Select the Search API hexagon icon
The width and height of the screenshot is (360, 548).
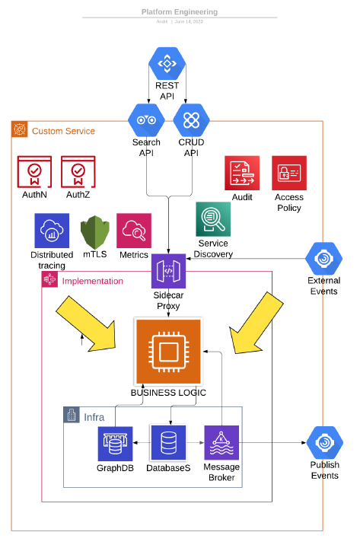(x=145, y=120)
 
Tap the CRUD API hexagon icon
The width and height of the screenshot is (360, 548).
(x=190, y=120)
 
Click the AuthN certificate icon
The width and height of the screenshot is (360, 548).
(x=34, y=172)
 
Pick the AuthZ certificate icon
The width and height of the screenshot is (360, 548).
(x=78, y=172)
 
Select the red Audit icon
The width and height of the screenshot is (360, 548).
(x=242, y=173)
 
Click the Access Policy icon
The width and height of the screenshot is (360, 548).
(x=289, y=173)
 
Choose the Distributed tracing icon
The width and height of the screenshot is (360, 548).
(x=52, y=231)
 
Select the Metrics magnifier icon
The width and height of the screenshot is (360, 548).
(x=133, y=231)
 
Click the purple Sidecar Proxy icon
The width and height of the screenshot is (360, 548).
(x=168, y=272)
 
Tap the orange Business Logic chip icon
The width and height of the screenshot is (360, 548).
(x=168, y=352)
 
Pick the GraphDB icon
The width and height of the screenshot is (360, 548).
(x=116, y=443)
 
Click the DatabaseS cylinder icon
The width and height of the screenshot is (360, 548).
(x=168, y=443)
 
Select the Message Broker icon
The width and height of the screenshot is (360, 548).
(x=221, y=443)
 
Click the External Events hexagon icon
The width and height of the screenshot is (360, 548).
(x=324, y=258)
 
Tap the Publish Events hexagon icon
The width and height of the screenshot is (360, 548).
(x=324, y=442)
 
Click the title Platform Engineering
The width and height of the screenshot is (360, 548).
(x=179, y=12)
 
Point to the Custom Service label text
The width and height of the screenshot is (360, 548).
(x=63, y=131)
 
